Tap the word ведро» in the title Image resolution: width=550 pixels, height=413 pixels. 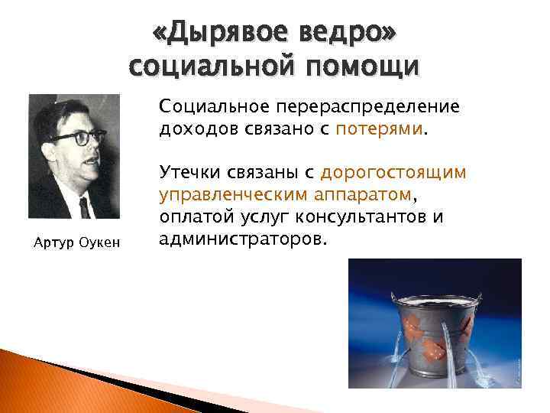349,34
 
